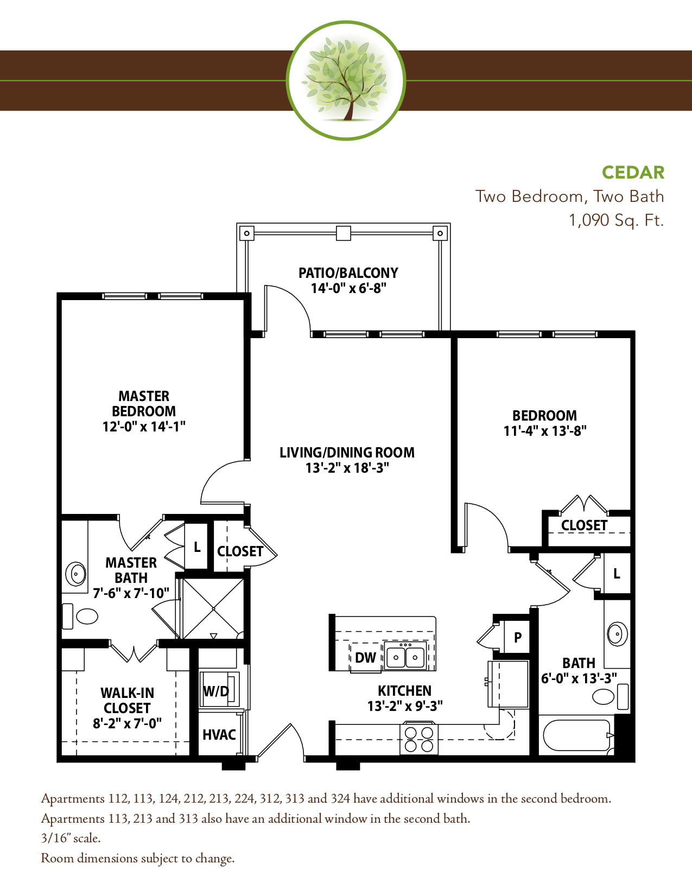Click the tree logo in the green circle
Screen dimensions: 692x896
(x=346, y=80)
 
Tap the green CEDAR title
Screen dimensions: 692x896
(x=633, y=173)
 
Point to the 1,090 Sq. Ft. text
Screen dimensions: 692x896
(x=617, y=220)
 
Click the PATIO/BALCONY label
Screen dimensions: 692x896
(x=348, y=273)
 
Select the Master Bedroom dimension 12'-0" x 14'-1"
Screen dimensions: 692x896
(x=144, y=427)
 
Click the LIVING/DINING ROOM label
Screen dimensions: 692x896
(x=347, y=453)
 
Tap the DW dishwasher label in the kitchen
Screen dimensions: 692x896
(x=365, y=658)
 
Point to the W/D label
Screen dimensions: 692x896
(x=215, y=691)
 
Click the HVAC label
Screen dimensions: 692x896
(x=219, y=735)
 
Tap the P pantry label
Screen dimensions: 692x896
(x=518, y=638)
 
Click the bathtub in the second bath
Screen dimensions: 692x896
(x=576, y=735)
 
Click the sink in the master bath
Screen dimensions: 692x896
(x=76, y=574)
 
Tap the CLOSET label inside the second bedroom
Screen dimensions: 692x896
(x=584, y=525)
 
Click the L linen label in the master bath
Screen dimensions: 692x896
(x=197, y=547)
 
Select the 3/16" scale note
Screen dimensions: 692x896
(x=71, y=838)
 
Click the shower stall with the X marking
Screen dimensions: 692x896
(x=213, y=608)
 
